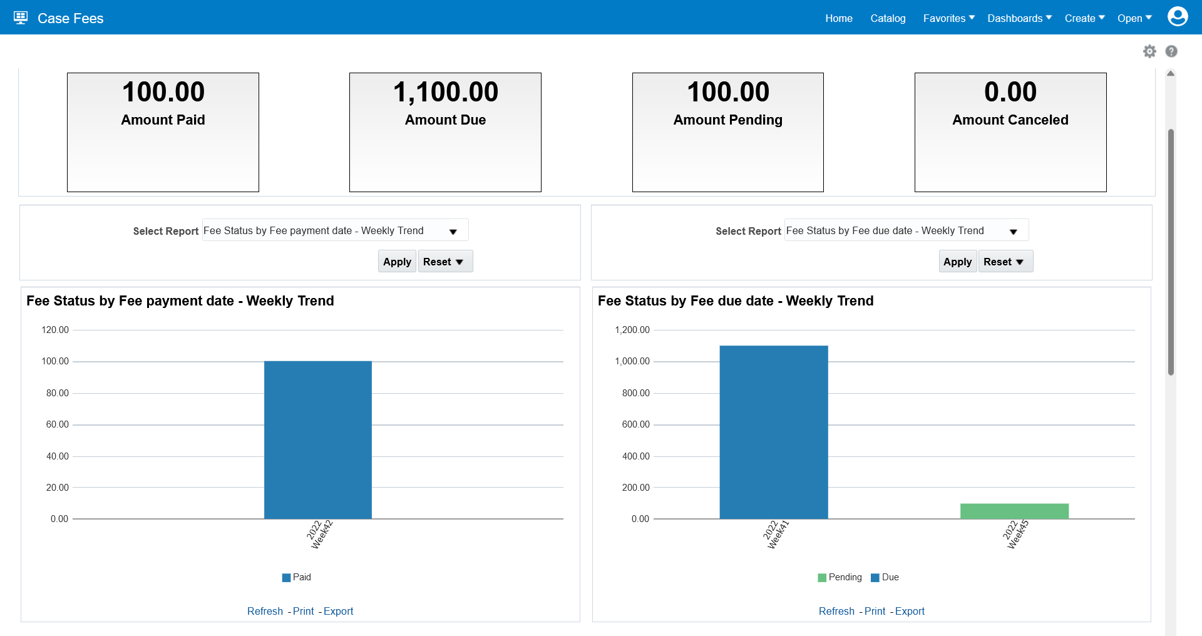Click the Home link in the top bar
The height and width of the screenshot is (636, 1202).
tap(838, 18)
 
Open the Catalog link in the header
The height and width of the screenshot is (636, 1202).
tap(888, 18)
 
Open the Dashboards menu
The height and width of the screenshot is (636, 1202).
tap(1019, 18)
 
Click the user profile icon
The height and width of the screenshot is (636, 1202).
tap(1177, 17)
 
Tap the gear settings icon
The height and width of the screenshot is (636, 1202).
tap(1149, 51)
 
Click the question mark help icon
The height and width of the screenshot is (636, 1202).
tap(1171, 51)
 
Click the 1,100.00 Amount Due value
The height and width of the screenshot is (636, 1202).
tap(445, 92)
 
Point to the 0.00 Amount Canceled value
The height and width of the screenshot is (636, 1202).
tap(1010, 92)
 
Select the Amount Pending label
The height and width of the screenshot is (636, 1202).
tap(727, 120)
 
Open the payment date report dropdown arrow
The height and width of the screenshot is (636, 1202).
tap(453, 232)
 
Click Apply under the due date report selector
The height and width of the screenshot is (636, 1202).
tap(957, 262)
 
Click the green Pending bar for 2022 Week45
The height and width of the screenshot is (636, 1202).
tap(1014, 511)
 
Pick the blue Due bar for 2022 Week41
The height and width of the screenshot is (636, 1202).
tap(773, 432)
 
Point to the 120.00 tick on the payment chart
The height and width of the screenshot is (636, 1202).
tap(55, 330)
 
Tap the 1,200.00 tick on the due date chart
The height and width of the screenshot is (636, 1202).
tap(632, 330)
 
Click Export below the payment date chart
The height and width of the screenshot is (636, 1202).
tap(338, 611)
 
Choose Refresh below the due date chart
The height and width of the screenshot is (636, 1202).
tap(836, 611)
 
